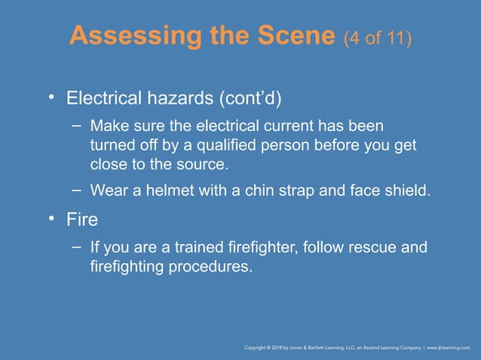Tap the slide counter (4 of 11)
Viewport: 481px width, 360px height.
point(377,37)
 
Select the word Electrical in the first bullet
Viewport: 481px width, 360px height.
point(102,99)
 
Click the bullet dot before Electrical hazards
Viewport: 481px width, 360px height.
point(51,98)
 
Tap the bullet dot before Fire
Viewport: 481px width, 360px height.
point(51,219)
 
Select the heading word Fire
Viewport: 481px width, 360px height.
point(82,221)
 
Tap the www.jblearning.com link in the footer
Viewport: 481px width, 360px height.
point(449,348)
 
